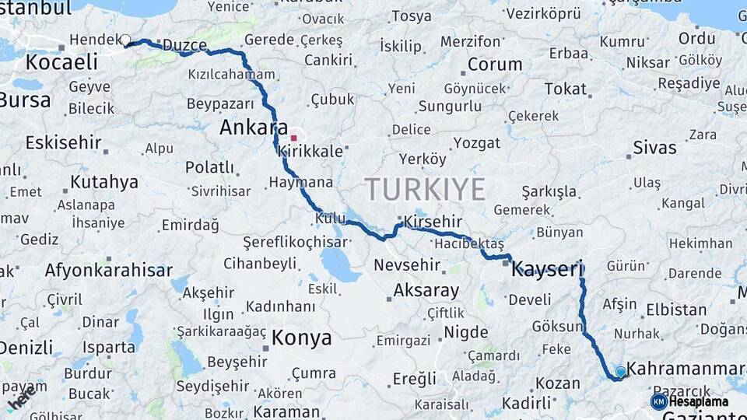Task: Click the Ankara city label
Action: point(254,128)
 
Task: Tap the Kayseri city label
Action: point(547,270)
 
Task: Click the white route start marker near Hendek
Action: point(125,40)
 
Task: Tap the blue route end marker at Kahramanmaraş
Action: point(620,372)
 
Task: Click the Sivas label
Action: point(654,147)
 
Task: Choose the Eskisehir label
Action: point(63,142)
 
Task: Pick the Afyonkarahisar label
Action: point(108,271)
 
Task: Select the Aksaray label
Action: point(426,290)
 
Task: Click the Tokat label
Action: point(565,89)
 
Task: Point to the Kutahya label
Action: point(104,182)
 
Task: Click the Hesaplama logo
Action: point(689,401)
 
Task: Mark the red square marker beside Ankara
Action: point(293,138)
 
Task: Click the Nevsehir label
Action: point(407,265)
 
